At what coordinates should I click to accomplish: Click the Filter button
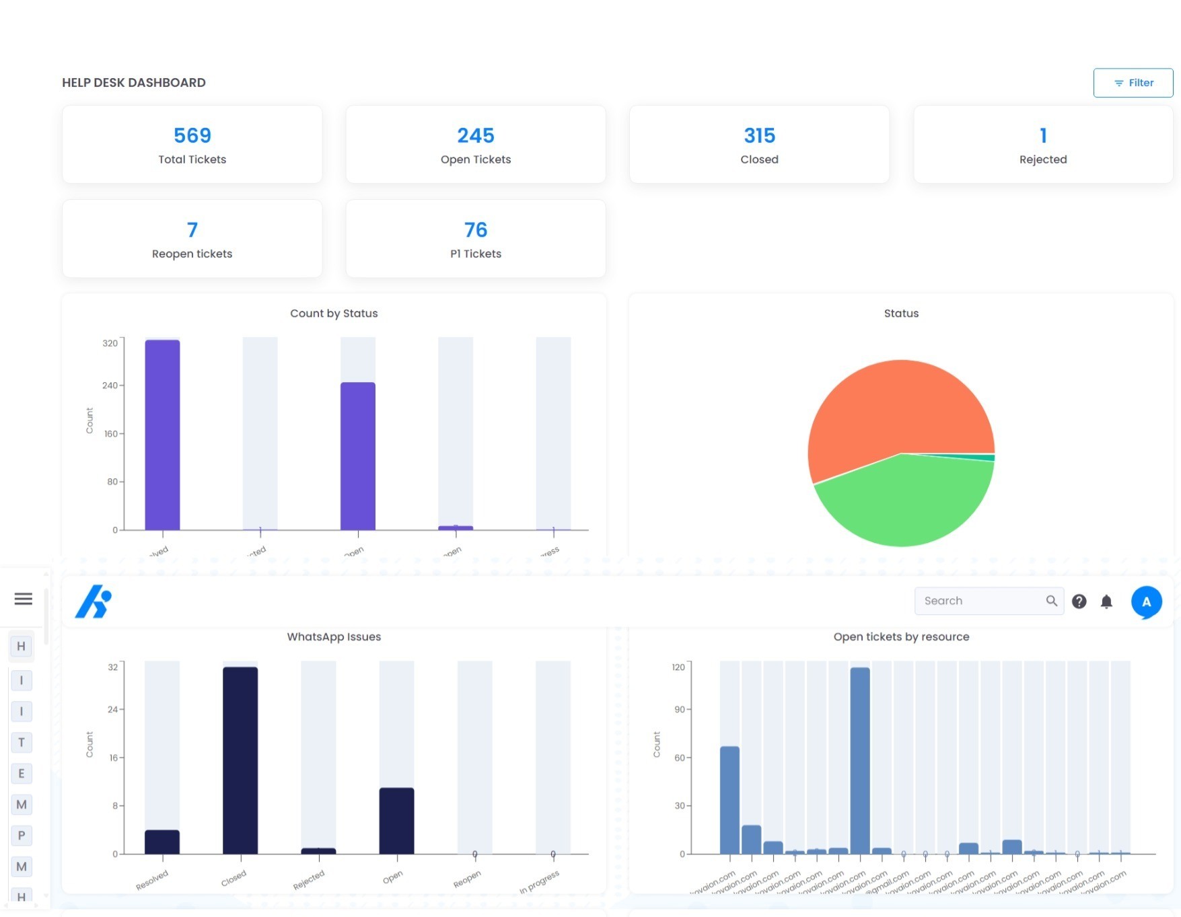(1133, 83)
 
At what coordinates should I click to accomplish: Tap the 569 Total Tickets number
(192, 136)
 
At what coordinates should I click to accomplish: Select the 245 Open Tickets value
(476, 136)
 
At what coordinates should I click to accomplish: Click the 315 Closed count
(759, 136)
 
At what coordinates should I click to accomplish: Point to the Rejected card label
(1042, 159)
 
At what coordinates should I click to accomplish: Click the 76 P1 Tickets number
(476, 230)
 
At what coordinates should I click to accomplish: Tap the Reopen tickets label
(192, 254)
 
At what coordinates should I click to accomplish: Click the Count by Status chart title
(334, 314)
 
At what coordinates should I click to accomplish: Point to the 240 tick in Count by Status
(110, 386)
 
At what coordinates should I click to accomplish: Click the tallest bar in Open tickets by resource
(859, 760)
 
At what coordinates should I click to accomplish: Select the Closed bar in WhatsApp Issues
(240, 760)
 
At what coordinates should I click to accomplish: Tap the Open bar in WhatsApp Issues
(396, 821)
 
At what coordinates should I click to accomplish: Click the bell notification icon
(1106, 601)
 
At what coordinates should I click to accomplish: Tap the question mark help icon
(1079, 601)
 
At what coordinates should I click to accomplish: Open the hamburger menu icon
(24, 599)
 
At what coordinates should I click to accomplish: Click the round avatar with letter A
(1146, 601)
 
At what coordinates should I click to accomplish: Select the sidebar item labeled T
(22, 742)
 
